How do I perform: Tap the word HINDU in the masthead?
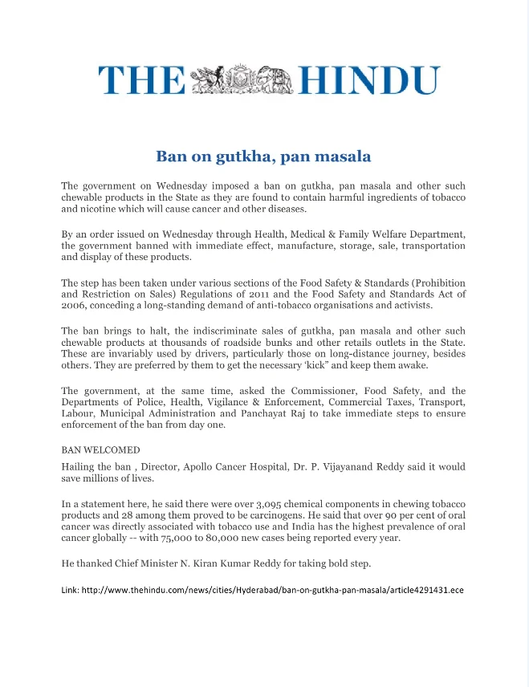pyautogui.click(x=369, y=81)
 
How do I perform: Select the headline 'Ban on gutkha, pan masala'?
pyautogui.click(x=263, y=155)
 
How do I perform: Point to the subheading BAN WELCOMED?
pyautogui.click(x=100, y=449)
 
